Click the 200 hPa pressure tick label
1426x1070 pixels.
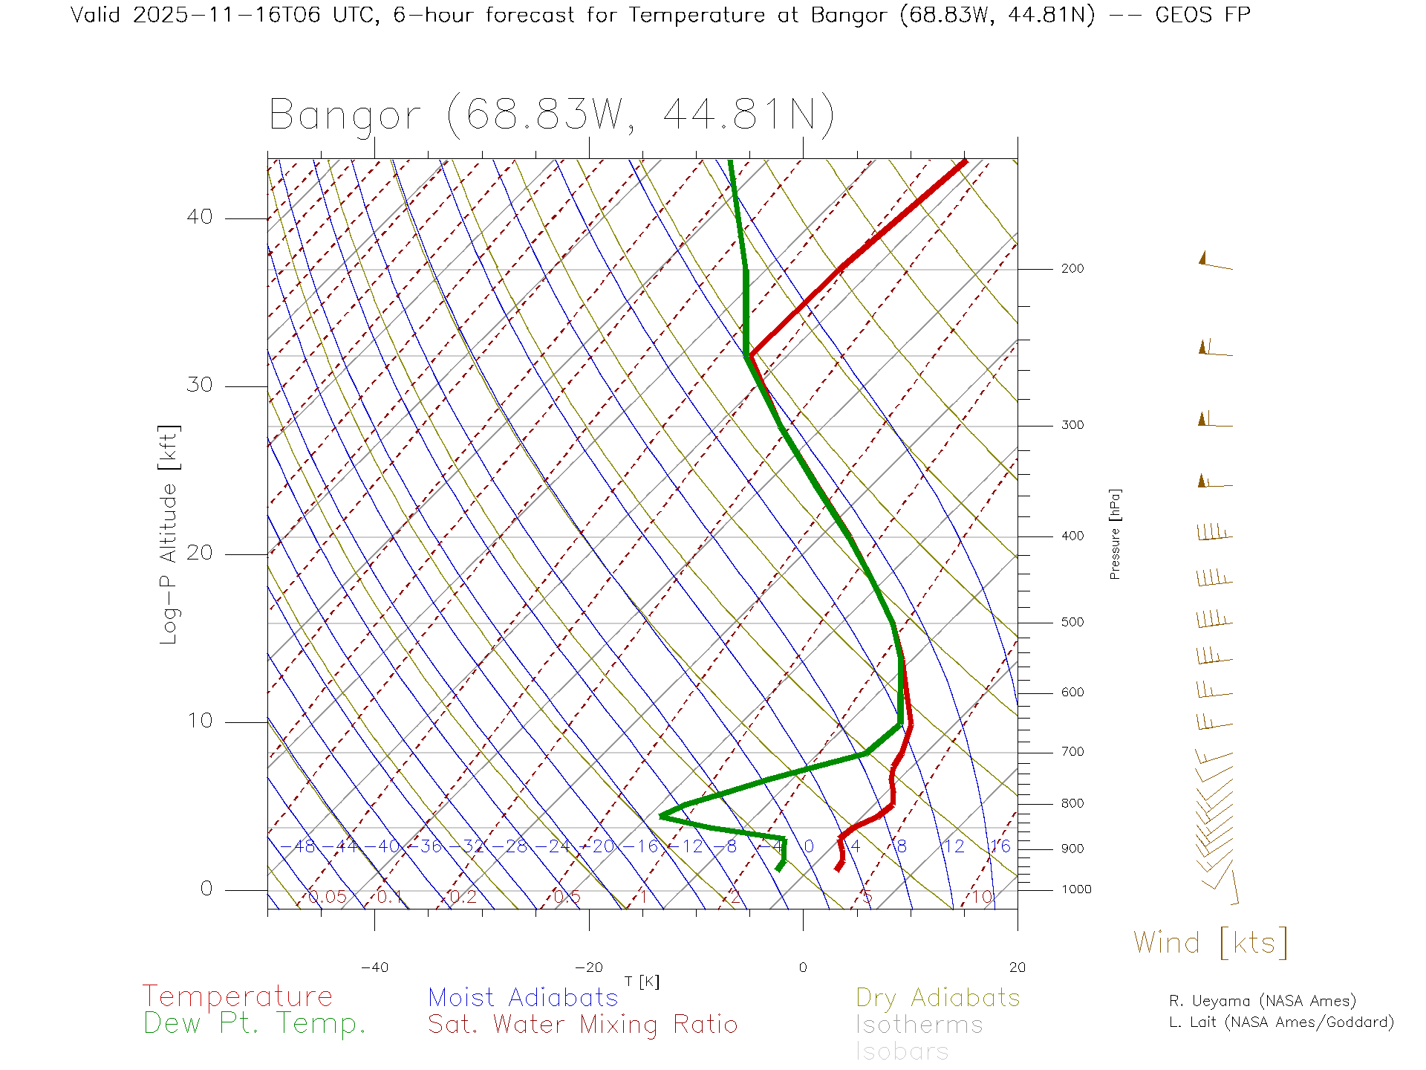click(1072, 269)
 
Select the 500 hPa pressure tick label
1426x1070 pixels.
click(1072, 623)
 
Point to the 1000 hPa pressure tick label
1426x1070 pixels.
click(1076, 890)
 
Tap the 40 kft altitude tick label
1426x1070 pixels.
click(199, 217)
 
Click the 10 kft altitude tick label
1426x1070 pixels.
click(199, 721)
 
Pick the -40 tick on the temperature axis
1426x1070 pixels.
click(374, 967)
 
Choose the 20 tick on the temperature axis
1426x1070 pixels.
click(1017, 967)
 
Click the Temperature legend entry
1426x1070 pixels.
click(238, 996)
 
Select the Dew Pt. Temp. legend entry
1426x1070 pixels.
click(255, 1024)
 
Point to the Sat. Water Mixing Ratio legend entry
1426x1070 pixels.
click(582, 1025)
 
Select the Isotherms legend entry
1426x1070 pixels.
click(919, 1025)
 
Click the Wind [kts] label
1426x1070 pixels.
click(1210, 943)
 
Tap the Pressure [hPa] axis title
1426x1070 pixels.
click(1115, 534)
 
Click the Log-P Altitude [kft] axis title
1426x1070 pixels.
click(169, 535)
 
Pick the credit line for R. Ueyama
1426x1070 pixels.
click(1262, 1001)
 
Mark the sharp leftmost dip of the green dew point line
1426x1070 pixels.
click(660, 816)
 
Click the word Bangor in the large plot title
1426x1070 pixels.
click(345, 116)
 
